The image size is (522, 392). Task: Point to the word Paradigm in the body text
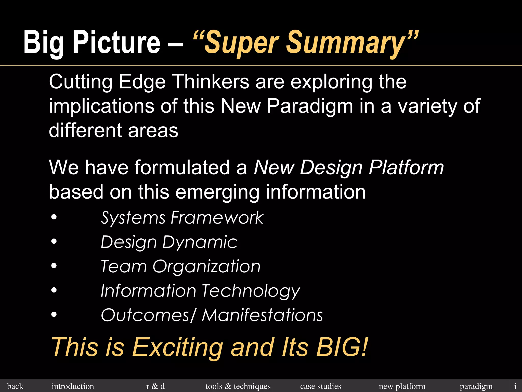pyautogui.click(x=310, y=106)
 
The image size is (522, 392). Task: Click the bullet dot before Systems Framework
pyautogui.click(x=54, y=218)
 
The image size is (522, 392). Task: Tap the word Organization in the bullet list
pyautogui.click(x=206, y=266)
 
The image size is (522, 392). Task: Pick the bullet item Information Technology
pyautogui.click(x=200, y=291)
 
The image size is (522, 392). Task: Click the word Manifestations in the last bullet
pyautogui.click(x=262, y=315)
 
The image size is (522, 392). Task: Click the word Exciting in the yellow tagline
pyautogui.click(x=178, y=347)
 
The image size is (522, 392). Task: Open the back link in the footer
pyautogui.click(x=15, y=386)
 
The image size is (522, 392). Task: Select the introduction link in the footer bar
pyautogui.click(x=73, y=386)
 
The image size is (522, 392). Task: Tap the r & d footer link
pyautogui.click(x=155, y=386)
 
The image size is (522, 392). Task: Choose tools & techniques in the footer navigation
pyautogui.click(x=238, y=386)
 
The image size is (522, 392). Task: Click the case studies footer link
pyautogui.click(x=321, y=386)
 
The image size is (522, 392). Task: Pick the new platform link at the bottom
pyautogui.click(x=402, y=386)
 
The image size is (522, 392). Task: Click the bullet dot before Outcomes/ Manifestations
pyautogui.click(x=54, y=315)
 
